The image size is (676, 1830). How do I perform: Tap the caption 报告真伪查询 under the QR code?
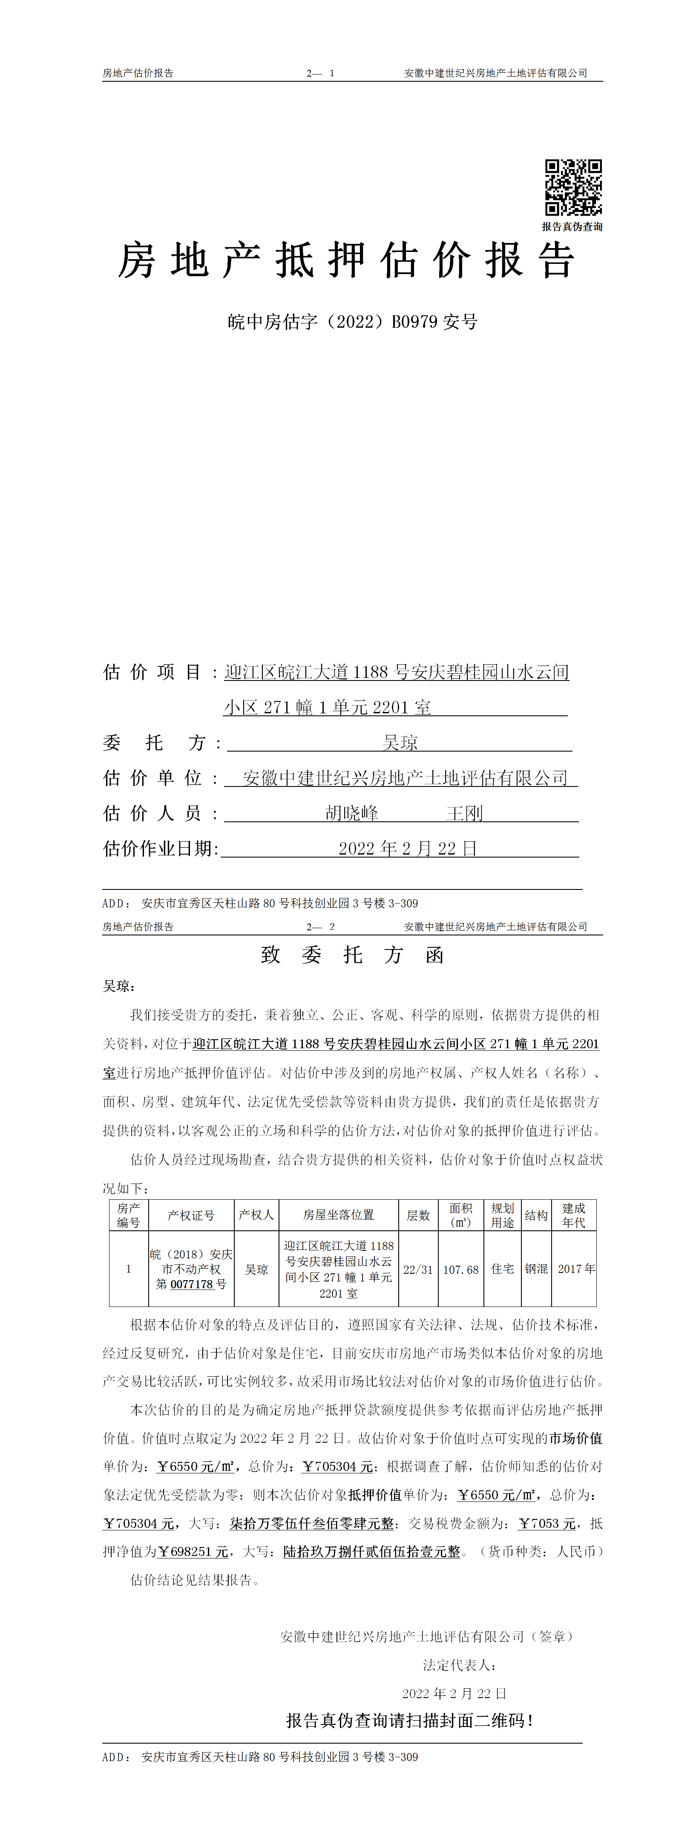click(572, 226)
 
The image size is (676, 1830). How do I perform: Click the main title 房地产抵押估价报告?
click(346, 260)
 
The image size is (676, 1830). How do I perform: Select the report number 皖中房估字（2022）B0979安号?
click(353, 322)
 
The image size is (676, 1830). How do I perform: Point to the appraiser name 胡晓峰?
click(352, 813)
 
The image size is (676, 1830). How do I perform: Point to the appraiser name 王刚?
click(465, 813)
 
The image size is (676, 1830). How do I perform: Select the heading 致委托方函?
click(353, 955)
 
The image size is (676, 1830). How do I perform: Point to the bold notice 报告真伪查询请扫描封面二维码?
click(409, 1721)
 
